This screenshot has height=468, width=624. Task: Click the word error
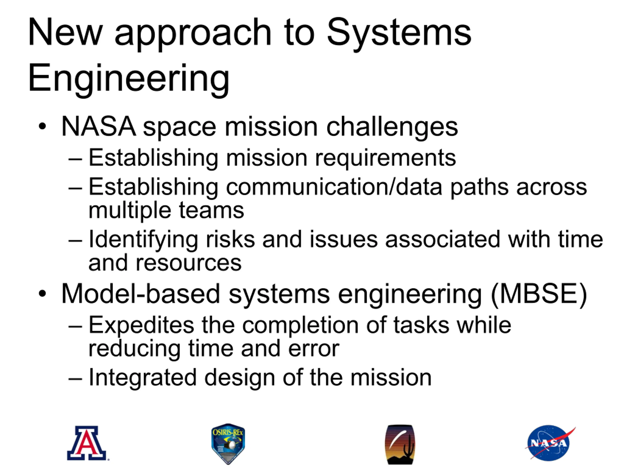pyautogui.click(x=314, y=349)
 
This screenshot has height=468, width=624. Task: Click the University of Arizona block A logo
pyautogui.click(x=87, y=443)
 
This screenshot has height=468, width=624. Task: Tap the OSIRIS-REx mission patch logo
pyautogui.click(x=228, y=444)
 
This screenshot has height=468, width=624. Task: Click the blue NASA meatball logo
pyautogui.click(x=549, y=443)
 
